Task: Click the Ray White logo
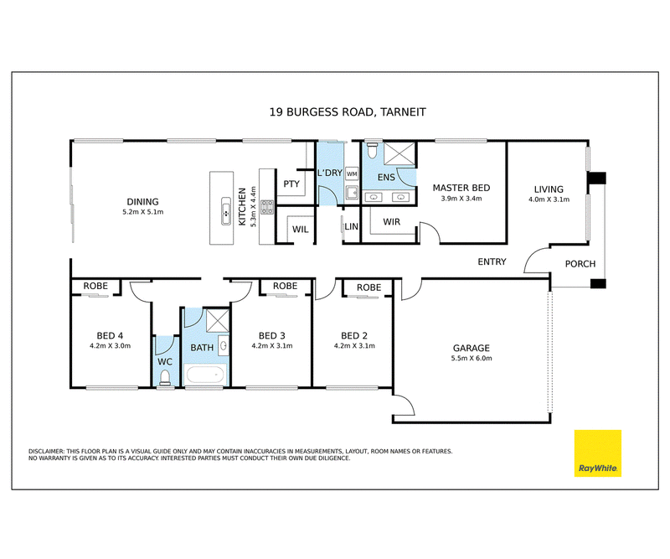pyautogui.click(x=597, y=453)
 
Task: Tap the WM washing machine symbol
pyautogui.click(x=352, y=173)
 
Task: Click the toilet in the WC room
pyautogui.click(x=164, y=378)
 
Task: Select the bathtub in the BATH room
pyautogui.click(x=205, y=375)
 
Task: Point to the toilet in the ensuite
pyautogui.click(x=372, y=150)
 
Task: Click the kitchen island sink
pyautogui.click(x=226, y=211)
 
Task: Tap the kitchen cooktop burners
pyautogui.click(x=267, y=207)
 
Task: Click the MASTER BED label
pyautogui.click(x=461, y=188)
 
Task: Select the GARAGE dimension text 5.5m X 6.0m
pyautogui.click(x=472, y=359)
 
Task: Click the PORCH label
pyautogui.click(x=580, y=264)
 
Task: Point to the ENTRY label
pyautogui.click(x=492, y=261)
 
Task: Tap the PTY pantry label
pyautogui.click(x=291, y=184)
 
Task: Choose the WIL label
pyautogui.click(x=301, y=230)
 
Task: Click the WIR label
pyautogui.click(x=391, y=222)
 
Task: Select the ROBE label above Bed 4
pyautogui.click(x=95, y=286)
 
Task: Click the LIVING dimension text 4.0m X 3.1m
pyautogui.click(x=549, y=199)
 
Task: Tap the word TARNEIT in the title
pyautogui.click(x=403, y=112)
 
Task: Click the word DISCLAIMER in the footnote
pyautogui.click(x=46, y=451)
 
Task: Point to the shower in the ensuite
pyautogui.click(x=399, y=154)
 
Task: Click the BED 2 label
pyautogui.click(x=354, y=336)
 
